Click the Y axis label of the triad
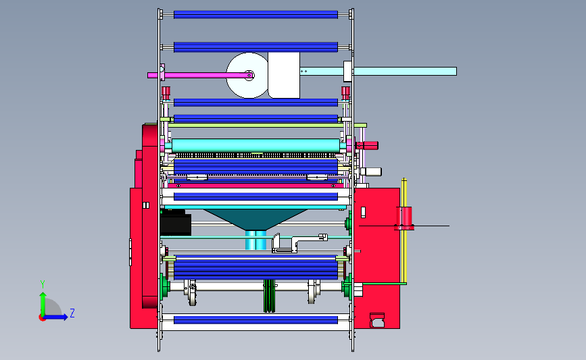pyautogui.click(x=43, y=284)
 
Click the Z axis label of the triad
pyautogui.click(x=72, y=313)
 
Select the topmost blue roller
pyautogui.click(x=255, y=15)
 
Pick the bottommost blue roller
pyautogui.click(x=255, y=320)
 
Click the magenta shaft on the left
pyautogui.click(x=201, y=76)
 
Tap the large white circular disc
pyautogui.click(x=247, y=75)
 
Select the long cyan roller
pyautogui.click(x=255, y=145)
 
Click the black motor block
pyautogui.click(x=175, y=223)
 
